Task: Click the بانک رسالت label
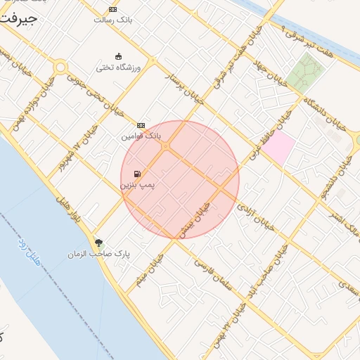click(112, 20)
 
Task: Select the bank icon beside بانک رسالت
click(112, 8)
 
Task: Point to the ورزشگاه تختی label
click(119, 68)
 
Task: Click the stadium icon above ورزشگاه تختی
click(118, 57)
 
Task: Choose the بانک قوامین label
click(141, 135)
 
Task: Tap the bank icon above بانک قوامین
click(141, 124)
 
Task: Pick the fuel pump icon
click(136, 174)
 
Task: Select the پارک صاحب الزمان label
click(99, 253)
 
